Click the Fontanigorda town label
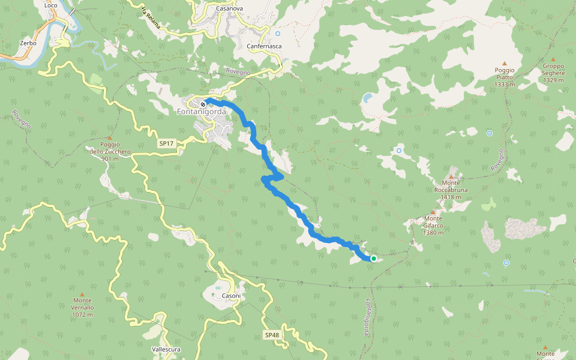[x=202, y=112]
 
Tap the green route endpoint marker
[x=373, y=259]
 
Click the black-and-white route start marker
[x=203, y=104]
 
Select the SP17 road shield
[x=166, y=144]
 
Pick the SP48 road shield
[x=271, y=335]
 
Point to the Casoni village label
[x=231, y=296]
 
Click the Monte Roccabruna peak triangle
[x=451, y=176]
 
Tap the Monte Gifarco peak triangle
[x=433, y=212]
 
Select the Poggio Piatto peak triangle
[x=504, y=64]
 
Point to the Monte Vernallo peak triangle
[x=82, y=294]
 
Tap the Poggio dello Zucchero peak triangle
[x=109, y=138]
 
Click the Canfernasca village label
[x=264, y=46]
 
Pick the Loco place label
[x=50, y=5]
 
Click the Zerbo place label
[x=28, y=44]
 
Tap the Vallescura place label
[x=167, y=349]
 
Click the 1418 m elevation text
[x=451, y=197]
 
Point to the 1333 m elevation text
[x=505, y=85]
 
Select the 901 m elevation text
[x=110, y=159]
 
